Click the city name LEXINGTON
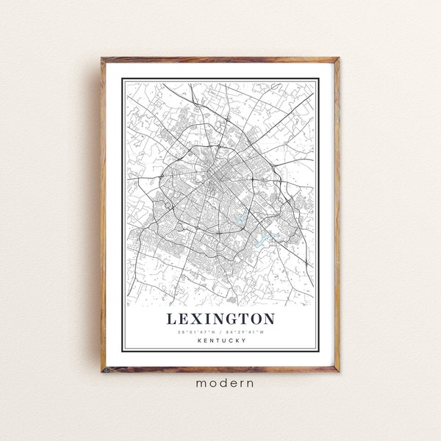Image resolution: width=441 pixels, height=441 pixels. point(220,319)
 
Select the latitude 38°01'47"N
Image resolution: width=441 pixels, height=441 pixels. point(197,331)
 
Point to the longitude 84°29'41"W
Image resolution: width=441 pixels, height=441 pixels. point(245,331)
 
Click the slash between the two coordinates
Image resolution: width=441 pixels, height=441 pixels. point(220,331)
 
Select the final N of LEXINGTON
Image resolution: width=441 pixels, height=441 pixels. point(268,319)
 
